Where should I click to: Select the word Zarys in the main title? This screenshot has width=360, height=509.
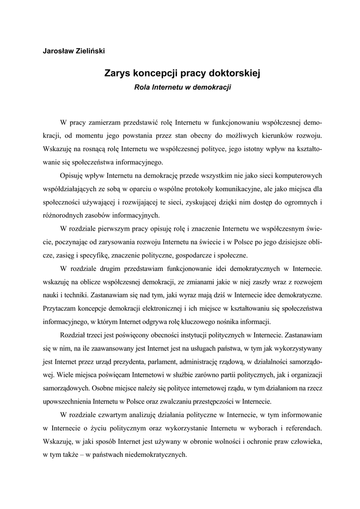point(116,74)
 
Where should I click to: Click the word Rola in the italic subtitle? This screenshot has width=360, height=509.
point(143,86)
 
